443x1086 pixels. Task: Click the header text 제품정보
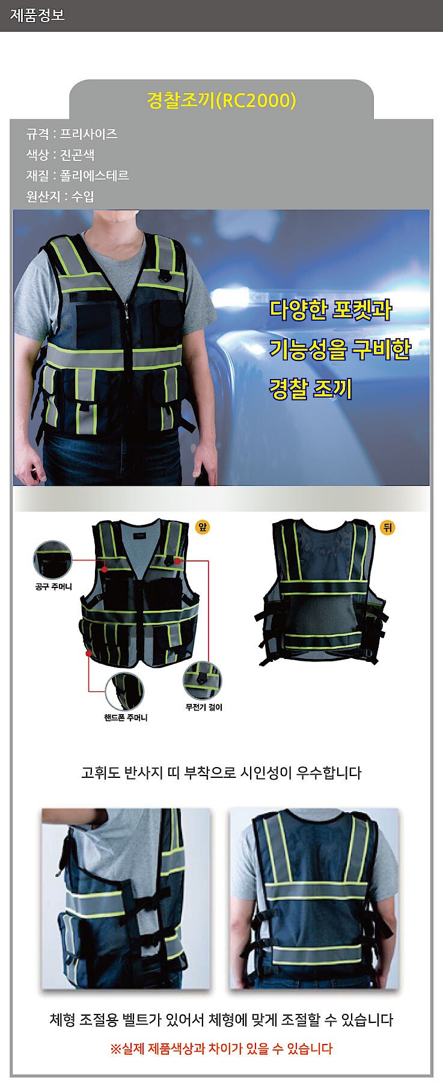pos(37,15)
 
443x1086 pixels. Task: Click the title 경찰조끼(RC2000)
pos(221,100)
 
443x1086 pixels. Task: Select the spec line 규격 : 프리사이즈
pos(72,134)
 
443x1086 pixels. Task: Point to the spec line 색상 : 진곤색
pos(60,155)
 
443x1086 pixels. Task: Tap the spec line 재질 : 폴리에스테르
pos(78,175)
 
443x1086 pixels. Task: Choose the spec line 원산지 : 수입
pos(60,196)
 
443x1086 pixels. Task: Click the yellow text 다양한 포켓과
pos(330,310)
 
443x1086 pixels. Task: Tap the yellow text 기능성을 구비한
pos(340,349)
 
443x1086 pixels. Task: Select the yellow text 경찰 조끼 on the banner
pos(310,389)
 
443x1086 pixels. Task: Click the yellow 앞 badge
pos(203,527)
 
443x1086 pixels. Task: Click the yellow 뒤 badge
pos(387,527)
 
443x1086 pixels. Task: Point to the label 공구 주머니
pos(53,586)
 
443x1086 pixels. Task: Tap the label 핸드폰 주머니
pos(126,718)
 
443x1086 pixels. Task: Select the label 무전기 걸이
pos(204,707)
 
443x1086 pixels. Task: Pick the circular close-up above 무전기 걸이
pos(203,681)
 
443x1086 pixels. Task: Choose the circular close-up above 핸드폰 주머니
pos(124,691)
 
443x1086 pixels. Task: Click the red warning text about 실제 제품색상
pos(221,1048)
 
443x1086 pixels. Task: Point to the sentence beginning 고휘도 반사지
pos(221,772)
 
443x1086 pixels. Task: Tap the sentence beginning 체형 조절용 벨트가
pos(221,1019)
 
